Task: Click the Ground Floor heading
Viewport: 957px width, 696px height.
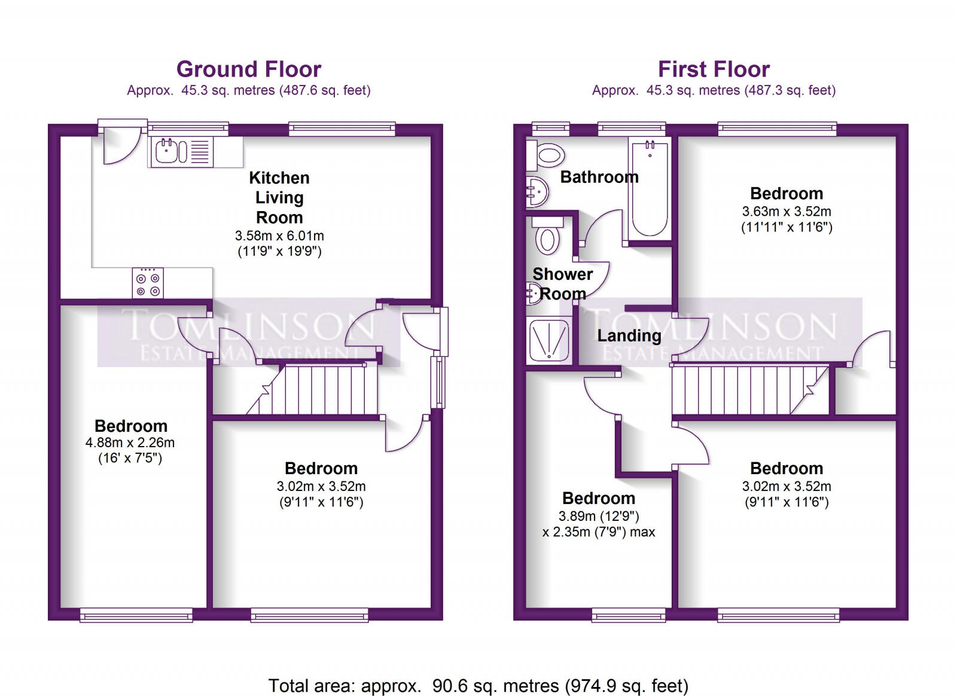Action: click(249, 69)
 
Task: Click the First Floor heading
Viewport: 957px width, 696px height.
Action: click(714, 69)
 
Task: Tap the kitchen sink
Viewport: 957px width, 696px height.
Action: click(167, 151)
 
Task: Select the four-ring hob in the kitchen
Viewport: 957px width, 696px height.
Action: click(148, 283)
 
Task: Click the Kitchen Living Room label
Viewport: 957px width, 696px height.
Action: click(279, 197)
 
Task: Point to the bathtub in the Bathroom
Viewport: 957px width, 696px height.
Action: click(650, 187)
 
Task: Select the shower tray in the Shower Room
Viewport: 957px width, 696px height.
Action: click(548, 340)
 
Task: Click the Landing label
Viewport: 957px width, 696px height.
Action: click(629, 336)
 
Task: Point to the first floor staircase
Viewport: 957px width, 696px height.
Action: click(748, 390)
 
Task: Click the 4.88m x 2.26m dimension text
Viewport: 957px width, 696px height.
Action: click(130, 443)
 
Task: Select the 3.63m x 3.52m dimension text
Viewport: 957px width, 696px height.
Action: click(787, 212)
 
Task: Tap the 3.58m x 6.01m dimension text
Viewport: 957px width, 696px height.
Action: click(279, 236)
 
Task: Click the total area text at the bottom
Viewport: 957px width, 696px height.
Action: click(478, 685)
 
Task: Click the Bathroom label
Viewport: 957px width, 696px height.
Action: click(599, 177)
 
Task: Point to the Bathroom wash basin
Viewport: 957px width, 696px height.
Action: click(538, 192)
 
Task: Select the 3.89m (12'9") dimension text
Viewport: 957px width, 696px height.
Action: click(599, 516)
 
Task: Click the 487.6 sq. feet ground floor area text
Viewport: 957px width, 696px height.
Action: click(327, 90)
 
